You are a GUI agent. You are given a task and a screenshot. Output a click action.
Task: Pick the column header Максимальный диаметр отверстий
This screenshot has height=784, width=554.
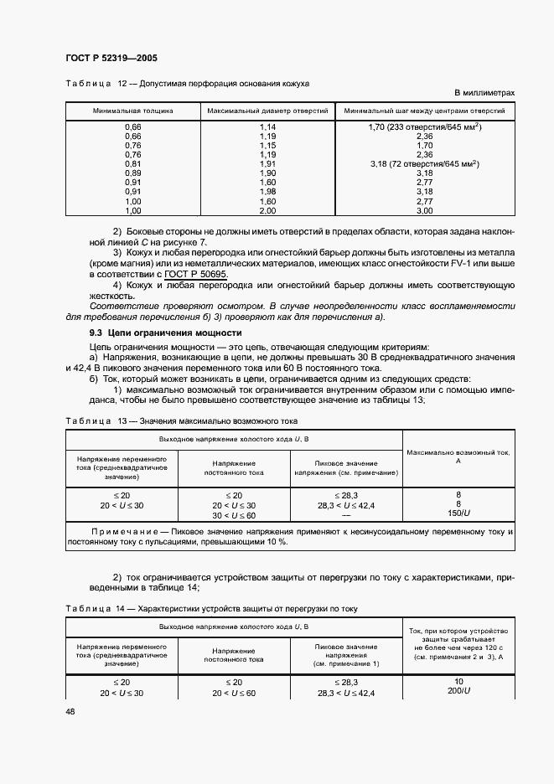coord(267,111)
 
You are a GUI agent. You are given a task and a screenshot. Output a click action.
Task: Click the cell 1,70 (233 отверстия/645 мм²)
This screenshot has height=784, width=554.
coord(423,126)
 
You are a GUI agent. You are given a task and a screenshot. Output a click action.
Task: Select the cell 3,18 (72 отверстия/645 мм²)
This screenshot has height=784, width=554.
coord(423,163)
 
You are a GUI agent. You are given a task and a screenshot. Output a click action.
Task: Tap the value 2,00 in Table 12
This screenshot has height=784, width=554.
coord(267,211)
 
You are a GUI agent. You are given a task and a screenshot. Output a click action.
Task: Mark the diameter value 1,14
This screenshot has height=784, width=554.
coord(267,126)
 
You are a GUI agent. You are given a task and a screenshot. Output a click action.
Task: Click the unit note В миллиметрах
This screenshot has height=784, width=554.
coord(484,92)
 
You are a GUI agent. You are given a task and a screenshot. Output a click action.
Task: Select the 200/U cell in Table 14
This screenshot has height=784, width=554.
coord(458,694)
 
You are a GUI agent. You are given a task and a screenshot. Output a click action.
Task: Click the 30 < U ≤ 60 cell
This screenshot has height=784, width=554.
coord(234,515)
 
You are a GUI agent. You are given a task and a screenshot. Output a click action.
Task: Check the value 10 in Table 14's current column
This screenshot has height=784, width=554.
coord(458,682)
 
